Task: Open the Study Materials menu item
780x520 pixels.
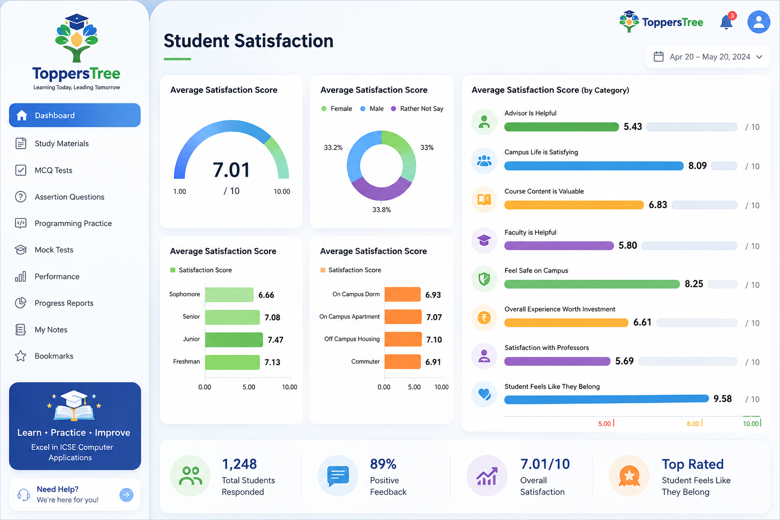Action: click(61, 144)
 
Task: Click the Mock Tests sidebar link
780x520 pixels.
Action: click(54, 250)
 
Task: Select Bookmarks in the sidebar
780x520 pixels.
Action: click(54, 356)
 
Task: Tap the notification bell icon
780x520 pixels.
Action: click(727, 22)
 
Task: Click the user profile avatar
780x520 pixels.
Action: click(759, 22)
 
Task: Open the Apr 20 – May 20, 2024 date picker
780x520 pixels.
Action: click(708, 56)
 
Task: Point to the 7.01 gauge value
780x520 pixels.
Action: click(231, 170)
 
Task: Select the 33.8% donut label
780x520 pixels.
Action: click(382, 210)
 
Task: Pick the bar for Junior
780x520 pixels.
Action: click(234, 340)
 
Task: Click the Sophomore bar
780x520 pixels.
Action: click(229, 295)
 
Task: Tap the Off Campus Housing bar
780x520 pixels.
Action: click(403, 339)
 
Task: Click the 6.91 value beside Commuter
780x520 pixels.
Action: click(433, 362)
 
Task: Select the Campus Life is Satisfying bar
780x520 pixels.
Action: click(594, 166)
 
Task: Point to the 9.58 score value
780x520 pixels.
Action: click(723, 399)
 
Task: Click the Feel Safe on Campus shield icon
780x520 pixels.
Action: click(484, 279)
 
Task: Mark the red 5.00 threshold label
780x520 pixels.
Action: click(604, 424)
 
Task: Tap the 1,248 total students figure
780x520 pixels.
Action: click(239, 464)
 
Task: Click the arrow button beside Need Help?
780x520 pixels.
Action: click(126, 495)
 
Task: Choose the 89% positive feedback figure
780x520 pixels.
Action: click(383, 464)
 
